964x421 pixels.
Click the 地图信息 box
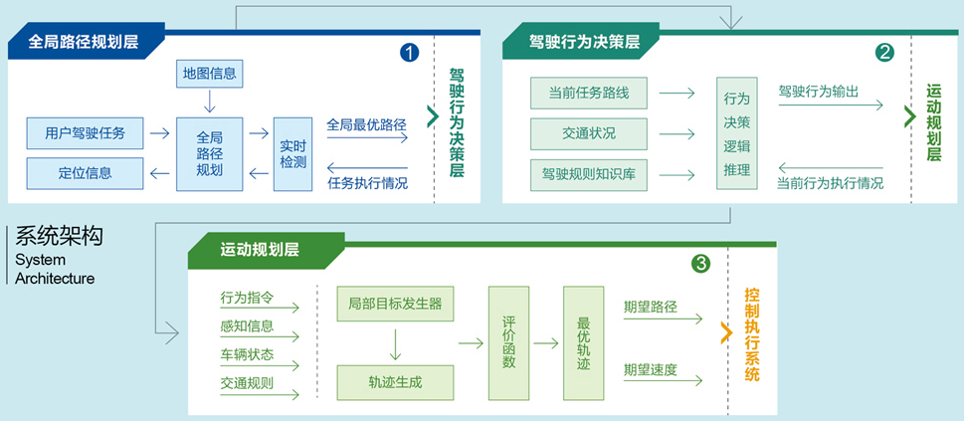[210, 74]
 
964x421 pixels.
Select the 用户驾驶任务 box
[85, 130]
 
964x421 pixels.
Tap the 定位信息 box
[85, 172]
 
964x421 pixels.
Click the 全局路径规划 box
[210, 153]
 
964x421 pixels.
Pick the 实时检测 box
[293, 153]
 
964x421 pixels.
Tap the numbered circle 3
[702, 263]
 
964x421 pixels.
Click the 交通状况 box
[589, 133]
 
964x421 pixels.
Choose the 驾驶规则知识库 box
[589, 174]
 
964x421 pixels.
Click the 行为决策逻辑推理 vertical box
[736, 133]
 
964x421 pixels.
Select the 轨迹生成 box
[395, 380]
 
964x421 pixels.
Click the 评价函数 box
[509, 342]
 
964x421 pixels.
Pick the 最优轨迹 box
[584, 342]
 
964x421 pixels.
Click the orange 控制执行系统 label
[752, 335]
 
